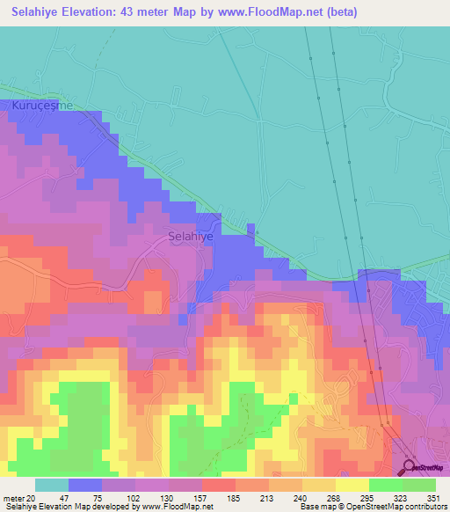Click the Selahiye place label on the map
tap(191, 236)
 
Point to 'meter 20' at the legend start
tap(19, 497)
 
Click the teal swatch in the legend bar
tap(52, 485)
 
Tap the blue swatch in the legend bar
tap(85, 485)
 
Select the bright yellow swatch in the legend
tap(352, 485)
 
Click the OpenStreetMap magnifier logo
tap(410, 466)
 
